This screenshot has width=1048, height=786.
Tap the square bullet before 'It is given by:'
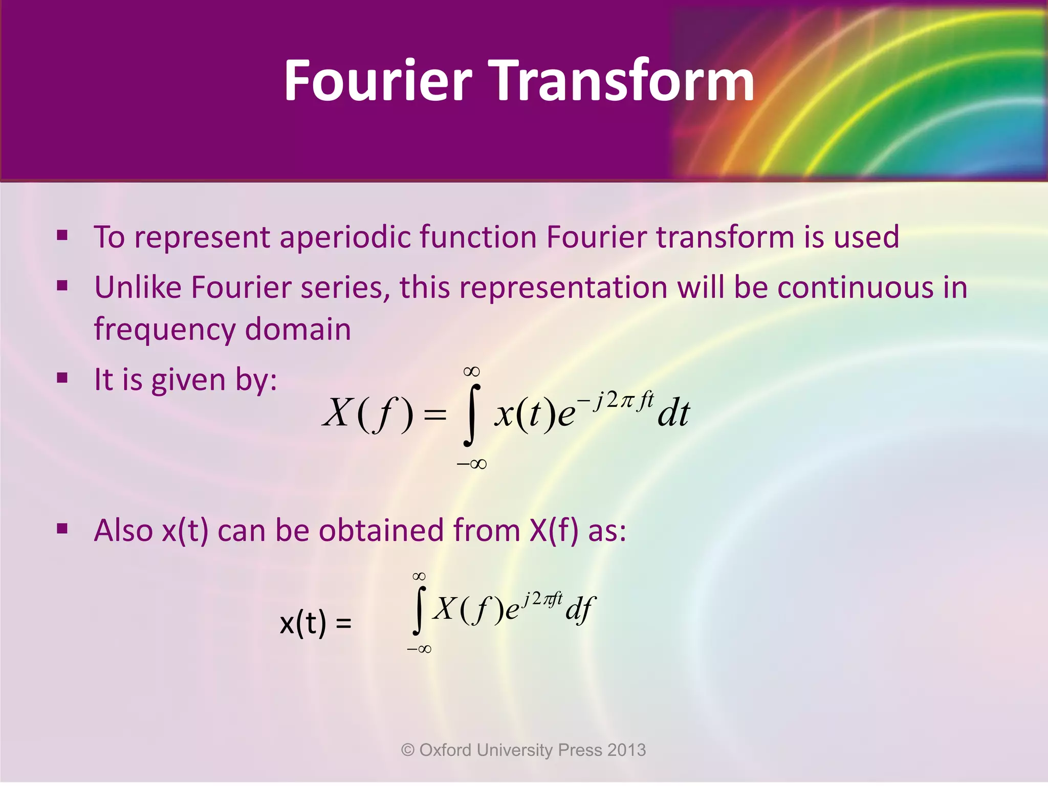pos(62,378)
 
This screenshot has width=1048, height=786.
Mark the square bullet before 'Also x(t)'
pos(62,529)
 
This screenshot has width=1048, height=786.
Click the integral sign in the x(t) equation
pos(419,610)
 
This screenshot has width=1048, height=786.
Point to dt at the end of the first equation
pos(673,413)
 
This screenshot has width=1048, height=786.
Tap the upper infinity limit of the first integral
pos(471,371)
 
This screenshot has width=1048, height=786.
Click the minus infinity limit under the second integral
pos(419,649)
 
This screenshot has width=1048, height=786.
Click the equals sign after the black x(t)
pos(343,623)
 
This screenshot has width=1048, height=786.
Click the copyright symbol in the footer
pos(408,750)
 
